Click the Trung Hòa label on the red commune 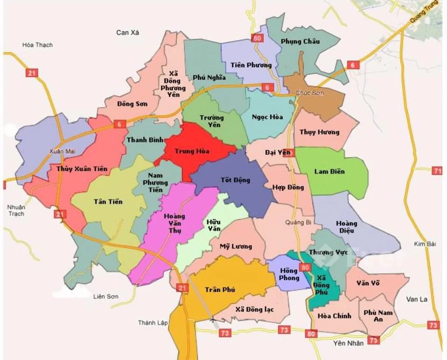coord(192,151)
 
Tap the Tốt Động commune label coord(235,180)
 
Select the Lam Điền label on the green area coord(330,171)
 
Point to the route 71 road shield coord(437,171)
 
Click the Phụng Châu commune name coord(300,41)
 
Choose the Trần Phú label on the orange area coord(220,289)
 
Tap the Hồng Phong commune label coord(289,274)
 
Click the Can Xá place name coord(128,32)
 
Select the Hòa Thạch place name coord(38,45)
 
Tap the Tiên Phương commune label coord(251,65)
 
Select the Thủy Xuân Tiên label coord(81,168)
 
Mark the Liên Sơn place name coord(106,296)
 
